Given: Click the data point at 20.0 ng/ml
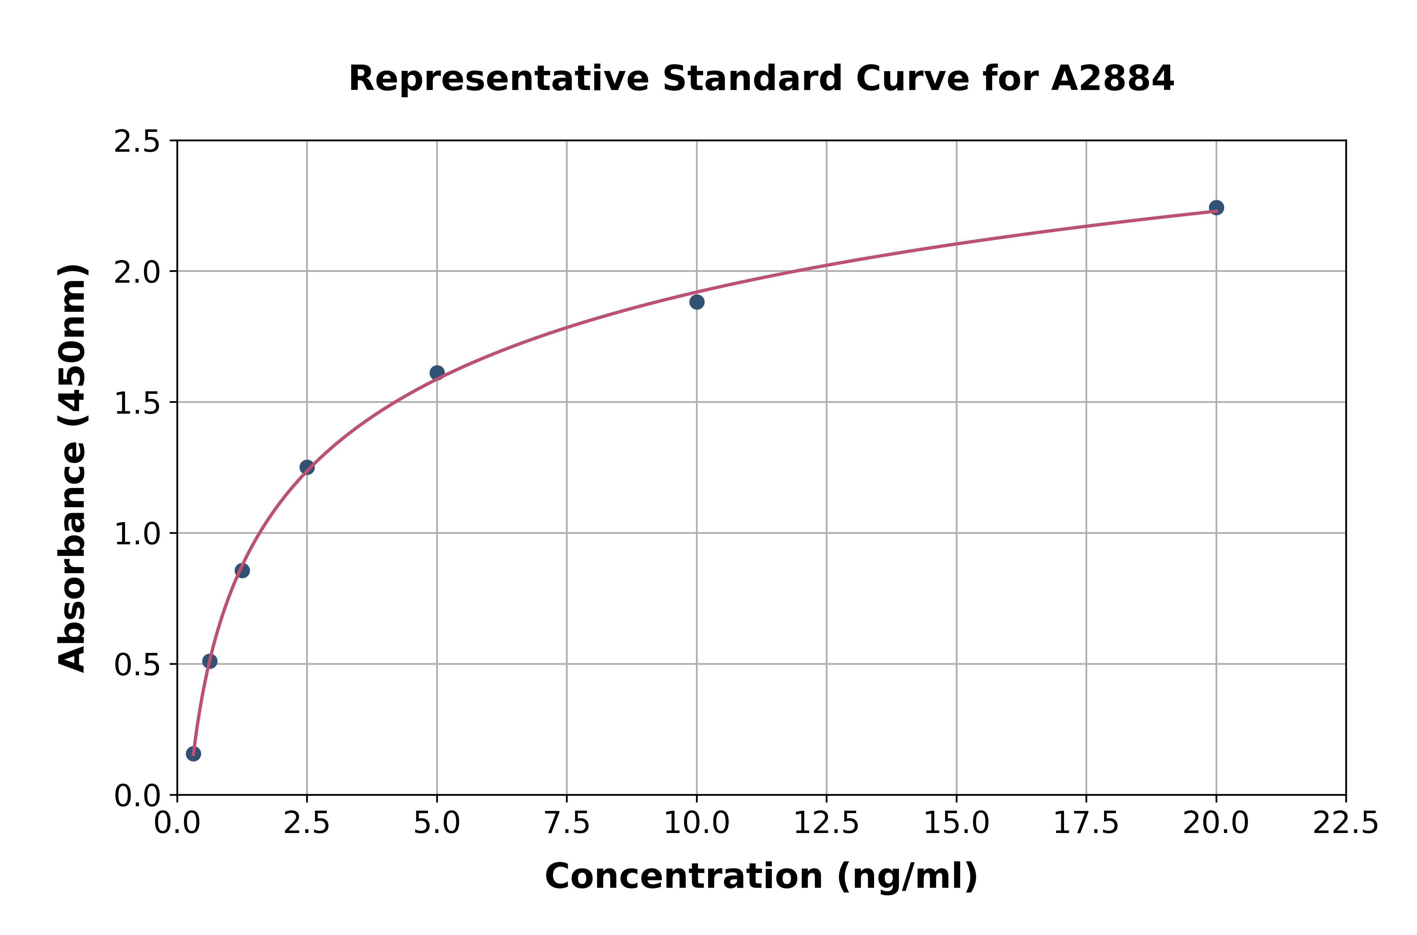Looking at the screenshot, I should [1216, 207].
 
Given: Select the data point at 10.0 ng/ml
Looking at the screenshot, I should [697, 302].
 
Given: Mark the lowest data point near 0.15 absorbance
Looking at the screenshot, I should [193, 754].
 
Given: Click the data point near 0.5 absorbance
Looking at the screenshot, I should [210, 661].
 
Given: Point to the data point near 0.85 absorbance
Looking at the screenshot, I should [242, 571].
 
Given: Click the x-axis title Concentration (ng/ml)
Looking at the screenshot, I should [761, 876].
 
